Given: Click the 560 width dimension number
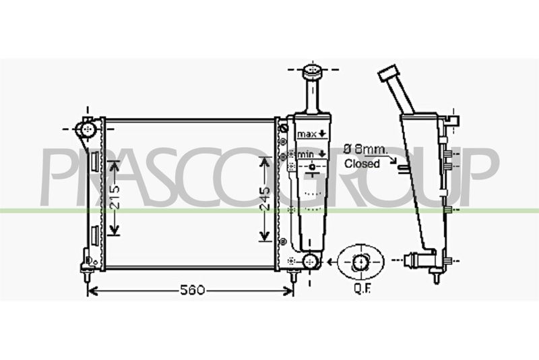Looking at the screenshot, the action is [x=192, y=290].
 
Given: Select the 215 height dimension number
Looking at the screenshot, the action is [x=115, y=198].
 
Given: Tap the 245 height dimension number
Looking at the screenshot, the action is [x=264, y=198].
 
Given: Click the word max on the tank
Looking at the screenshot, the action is [x=307, y=134].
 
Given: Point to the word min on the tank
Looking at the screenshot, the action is [x=306, y=154].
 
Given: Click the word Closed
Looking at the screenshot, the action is [x=362, y=164].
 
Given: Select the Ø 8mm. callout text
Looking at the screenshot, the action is [x=365, y=149].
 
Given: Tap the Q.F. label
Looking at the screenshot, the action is [x=362, y=289].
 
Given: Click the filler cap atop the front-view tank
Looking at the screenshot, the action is [x=312, y=71].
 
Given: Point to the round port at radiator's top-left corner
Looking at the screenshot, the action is [x=89, y=129].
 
